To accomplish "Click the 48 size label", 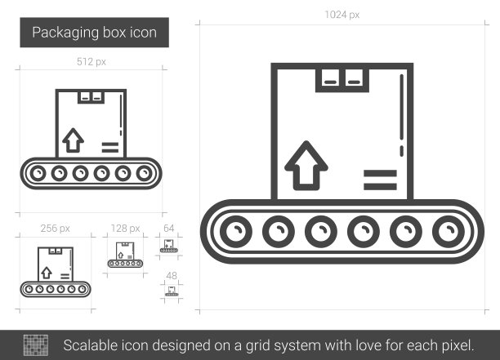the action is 172,276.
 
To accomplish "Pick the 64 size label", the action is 168,228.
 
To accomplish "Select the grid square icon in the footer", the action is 36,345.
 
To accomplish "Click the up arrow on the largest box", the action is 306,166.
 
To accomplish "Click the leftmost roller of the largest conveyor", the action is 236,232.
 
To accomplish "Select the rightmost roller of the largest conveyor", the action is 449,232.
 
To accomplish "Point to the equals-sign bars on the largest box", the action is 380,180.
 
